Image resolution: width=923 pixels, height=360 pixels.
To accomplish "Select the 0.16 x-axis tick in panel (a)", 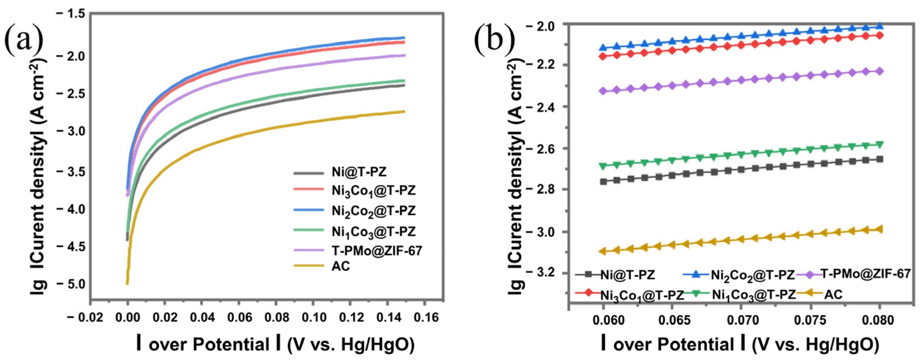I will click(x=425, y=317).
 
